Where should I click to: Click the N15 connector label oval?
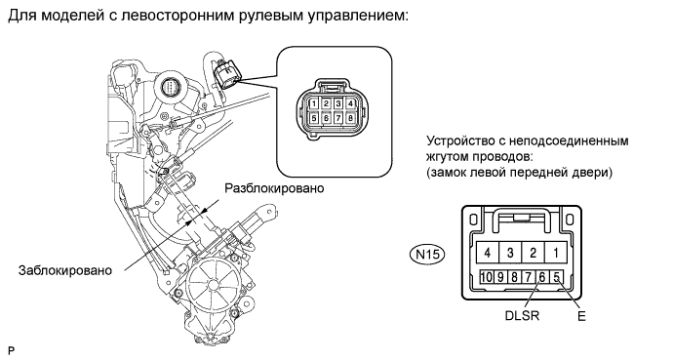coord(427,255)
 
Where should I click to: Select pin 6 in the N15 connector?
coord(542,277)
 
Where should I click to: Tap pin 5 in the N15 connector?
coord(556,277)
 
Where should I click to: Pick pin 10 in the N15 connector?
coord(487,277)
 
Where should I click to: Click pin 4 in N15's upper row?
coord(487,253)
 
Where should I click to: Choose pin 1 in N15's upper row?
coord(556,253)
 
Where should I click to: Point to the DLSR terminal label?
coord(522,316)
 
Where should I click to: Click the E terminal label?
coord(581,316)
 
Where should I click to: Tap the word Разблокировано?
coord(275,188)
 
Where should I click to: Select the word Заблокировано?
coord(64,270)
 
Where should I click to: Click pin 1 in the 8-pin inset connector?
coord(314,103)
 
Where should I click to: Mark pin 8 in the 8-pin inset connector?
coord(351,118)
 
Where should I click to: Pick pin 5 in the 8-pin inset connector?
coord(314,118)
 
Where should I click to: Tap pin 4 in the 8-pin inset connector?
coord(351,103)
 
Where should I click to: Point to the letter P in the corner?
coord(11,351)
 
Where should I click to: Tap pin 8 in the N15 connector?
coord(514,277)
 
